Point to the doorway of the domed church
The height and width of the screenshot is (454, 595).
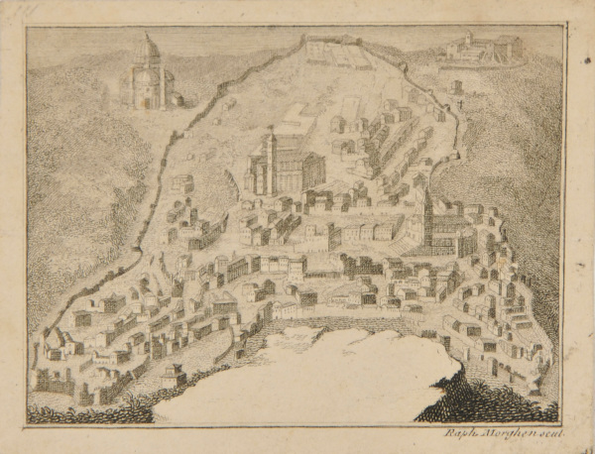coord(147,99)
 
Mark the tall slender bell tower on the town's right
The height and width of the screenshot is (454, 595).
coord(426,208)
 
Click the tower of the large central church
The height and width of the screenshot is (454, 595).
coord(269,159)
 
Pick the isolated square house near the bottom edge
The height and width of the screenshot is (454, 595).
coord(175,378)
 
